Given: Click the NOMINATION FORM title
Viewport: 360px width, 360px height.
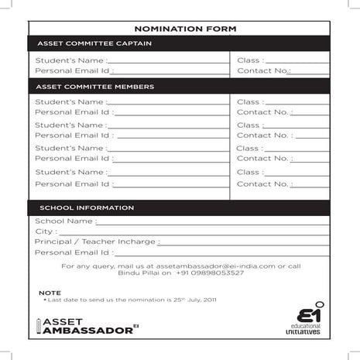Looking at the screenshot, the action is (x=180, y=29).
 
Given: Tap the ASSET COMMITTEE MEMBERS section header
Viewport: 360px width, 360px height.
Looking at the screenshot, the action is (x=95, y=87).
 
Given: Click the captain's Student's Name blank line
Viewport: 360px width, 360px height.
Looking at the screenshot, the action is (x=166, y=61).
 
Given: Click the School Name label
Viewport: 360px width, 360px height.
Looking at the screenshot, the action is (x=64, y=221).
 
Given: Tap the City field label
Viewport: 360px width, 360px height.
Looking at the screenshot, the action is (x=45, y=231).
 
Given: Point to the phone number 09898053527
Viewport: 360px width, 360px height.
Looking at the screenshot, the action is (x=221, y=273).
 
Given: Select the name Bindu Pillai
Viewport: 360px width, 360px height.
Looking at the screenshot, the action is (x=138, y=273).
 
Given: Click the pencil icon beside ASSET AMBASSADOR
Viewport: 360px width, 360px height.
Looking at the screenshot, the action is (x=39, y=325).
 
